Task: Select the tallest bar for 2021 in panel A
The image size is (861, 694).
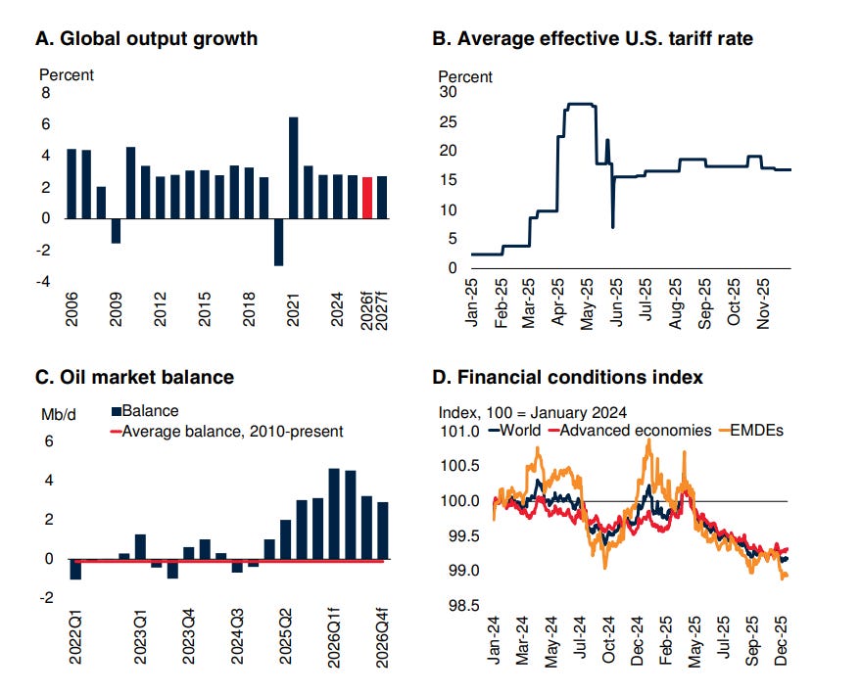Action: pyautogui.click(x=294, y=167)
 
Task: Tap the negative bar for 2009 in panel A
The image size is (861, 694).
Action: pyautogui.click(x=116, y=230)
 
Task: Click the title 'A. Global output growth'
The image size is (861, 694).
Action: pyautogui.click(x=146, y=39)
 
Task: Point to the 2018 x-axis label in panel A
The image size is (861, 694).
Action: pyautogui.click(x=249, y=308)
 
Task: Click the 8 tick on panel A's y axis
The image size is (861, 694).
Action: pyautogui.click(x=43, y=93)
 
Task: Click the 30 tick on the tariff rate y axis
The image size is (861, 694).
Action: pyautogui.click(x=448, y=92)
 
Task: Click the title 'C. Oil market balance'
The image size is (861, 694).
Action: pyautogui.click(x=134, y=376)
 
